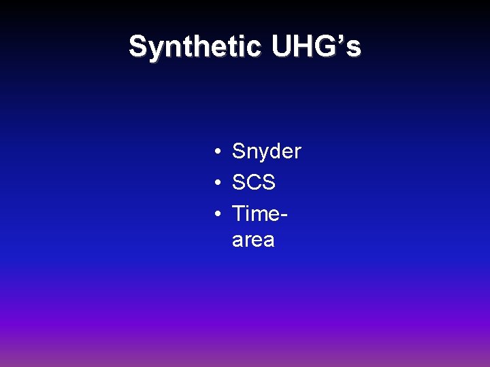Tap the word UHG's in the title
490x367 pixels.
click(x=316, y=47)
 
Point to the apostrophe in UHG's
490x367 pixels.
click(x=342, y=39)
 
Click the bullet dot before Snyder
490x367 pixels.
click(x=214, y=152)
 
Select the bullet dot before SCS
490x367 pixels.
click(x=214, y=183)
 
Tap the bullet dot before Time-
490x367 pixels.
click(x=214, y=213)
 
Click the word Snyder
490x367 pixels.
click(x=266, y=152)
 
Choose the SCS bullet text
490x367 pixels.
click(x=253, y=182)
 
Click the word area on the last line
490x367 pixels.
click(x=253, y=240)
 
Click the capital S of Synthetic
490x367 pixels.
click(x=137, y=47)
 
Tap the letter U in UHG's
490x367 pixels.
click(x=281, y=47)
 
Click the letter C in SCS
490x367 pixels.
click(x=253, y=182)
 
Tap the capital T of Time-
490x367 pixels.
click(x=239, y=213)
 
